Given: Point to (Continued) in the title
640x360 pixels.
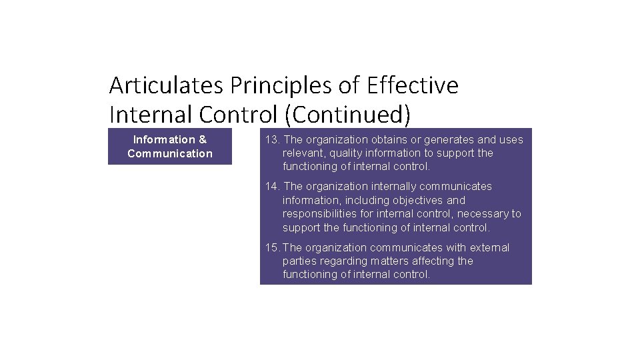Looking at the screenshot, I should (x=347, y=115).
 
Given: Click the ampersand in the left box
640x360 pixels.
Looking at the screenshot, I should (x=203, y=140).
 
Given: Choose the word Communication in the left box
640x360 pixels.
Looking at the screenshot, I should (x=170, y=154).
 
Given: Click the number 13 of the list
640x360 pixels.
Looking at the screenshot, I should (x=271, y=140).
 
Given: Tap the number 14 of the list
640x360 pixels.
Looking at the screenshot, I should (x=271, y=187).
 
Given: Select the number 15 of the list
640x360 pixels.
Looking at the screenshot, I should (x=271, y=248).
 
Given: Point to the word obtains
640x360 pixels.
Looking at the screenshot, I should (x=390, y=140).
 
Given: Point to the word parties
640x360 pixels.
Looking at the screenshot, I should (x=299, y=261).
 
